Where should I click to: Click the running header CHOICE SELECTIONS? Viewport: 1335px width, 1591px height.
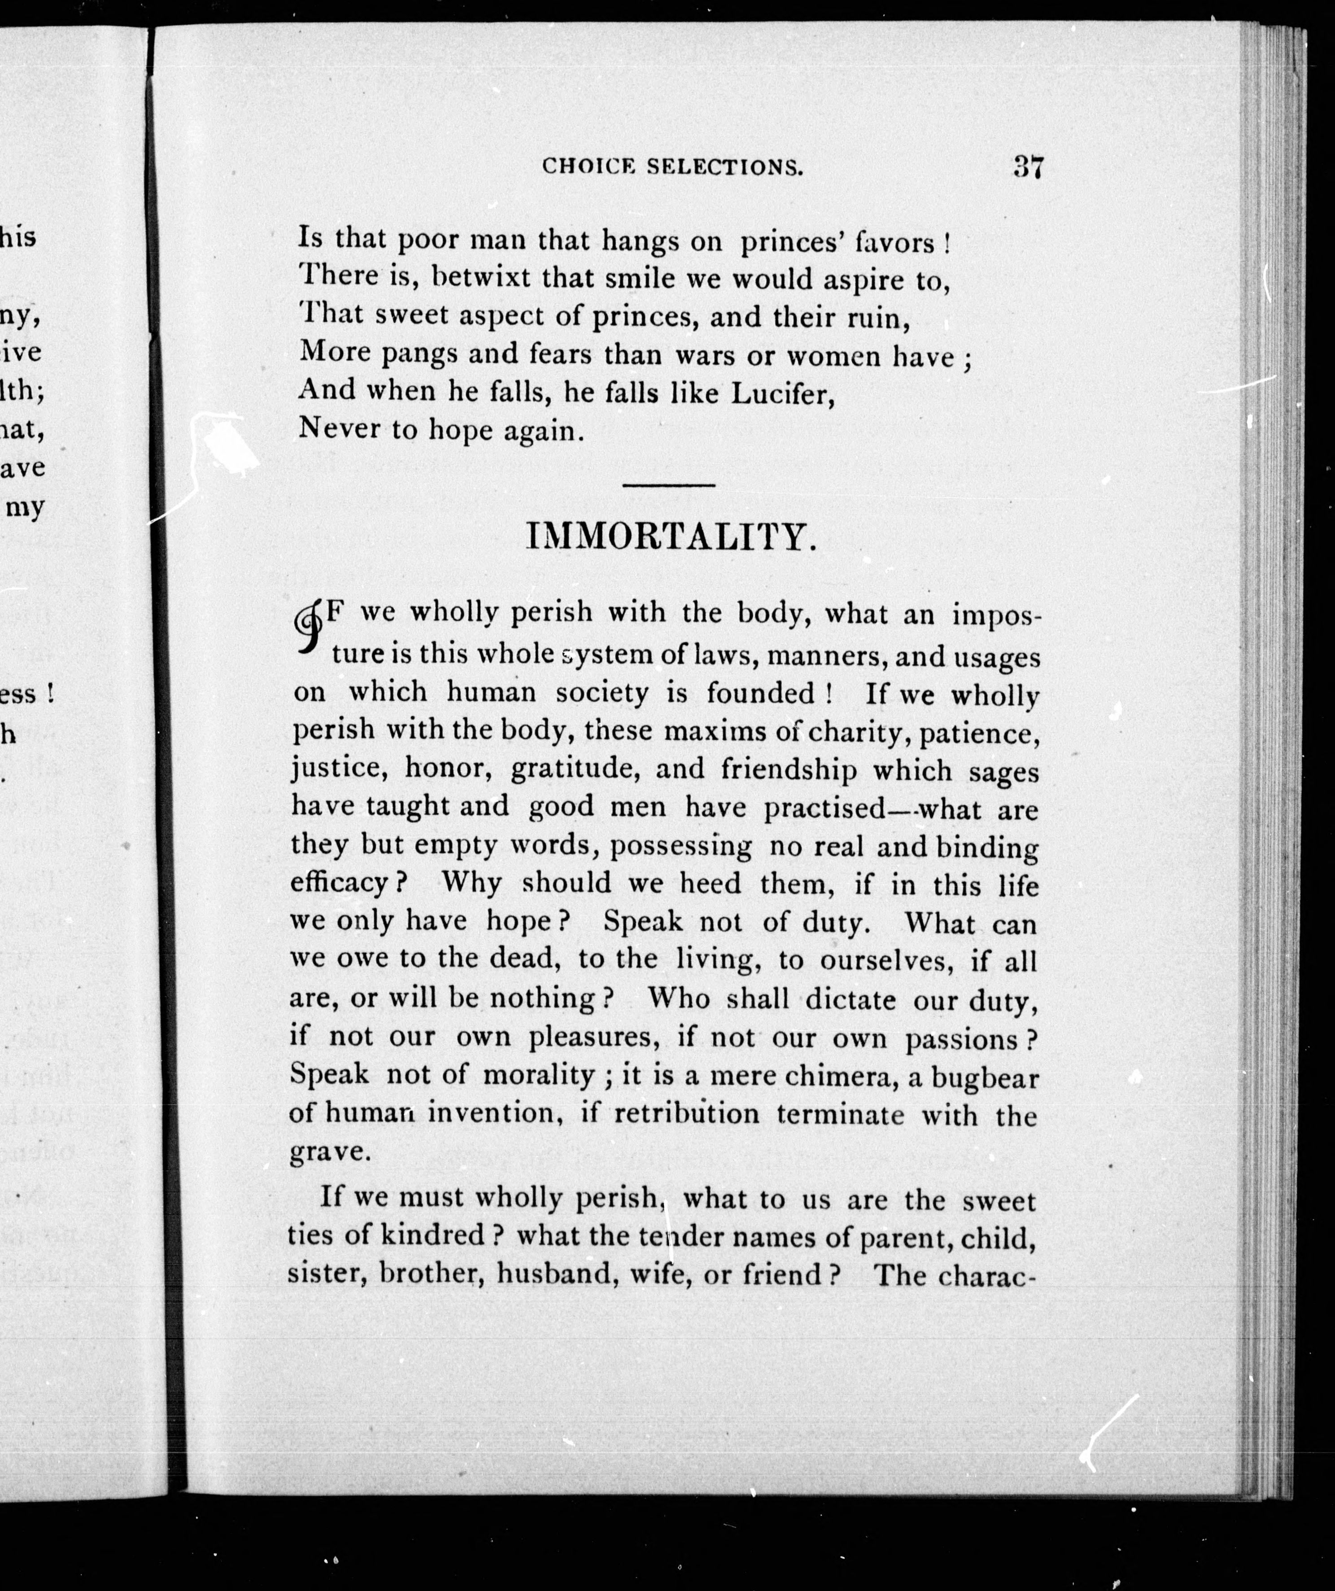tap(672, 167)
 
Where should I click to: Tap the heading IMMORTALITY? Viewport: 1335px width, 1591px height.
tap(672, 537)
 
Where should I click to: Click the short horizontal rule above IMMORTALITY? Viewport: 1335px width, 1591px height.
tap(669, 485)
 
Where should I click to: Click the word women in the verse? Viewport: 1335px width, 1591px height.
tap(835, 355)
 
